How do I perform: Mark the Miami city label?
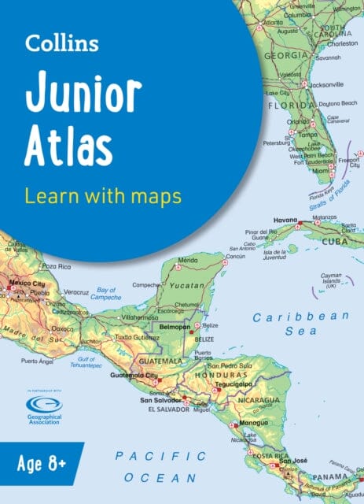click(x=321, y=170)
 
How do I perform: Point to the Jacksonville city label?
click(x=324, y=83)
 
